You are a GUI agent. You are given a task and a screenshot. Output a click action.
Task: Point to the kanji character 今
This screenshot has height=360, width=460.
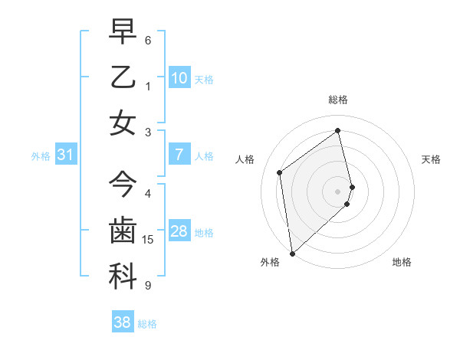click(123, 185)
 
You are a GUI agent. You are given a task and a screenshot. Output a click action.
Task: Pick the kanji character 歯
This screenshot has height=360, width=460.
click(123, 231)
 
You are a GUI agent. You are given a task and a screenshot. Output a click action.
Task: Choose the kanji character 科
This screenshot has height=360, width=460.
click(123, 277)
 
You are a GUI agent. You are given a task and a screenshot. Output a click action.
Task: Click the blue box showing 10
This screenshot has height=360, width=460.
click(179, 77)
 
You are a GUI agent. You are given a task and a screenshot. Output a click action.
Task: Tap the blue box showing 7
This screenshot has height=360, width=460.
click(179, 155)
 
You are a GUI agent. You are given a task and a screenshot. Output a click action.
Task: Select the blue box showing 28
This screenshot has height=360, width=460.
click(179, 231)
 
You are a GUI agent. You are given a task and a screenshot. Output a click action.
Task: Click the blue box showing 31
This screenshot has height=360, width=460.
click(65, 155)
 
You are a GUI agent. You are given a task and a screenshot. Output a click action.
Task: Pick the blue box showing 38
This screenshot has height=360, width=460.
click(122, 322)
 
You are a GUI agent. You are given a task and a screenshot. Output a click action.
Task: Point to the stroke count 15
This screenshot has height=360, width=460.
click(149, 240)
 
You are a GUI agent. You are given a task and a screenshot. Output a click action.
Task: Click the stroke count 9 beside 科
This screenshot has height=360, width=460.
click(148, 286)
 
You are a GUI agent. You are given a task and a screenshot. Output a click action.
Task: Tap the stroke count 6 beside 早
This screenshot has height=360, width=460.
click(148, 40)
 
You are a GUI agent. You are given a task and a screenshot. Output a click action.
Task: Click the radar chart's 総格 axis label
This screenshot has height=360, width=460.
click(337, 100)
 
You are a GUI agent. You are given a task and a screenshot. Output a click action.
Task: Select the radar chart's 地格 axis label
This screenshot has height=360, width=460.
click(402, 262)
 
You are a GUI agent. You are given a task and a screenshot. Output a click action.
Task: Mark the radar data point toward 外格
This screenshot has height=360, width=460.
click(292, 253)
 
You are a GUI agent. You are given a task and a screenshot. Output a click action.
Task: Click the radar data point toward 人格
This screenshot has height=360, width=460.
click(280, 172)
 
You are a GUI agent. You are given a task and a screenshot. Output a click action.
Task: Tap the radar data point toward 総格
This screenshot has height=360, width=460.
click(338, 131)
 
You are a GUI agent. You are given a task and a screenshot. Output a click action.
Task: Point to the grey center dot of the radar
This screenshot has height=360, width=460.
click(337, 191)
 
